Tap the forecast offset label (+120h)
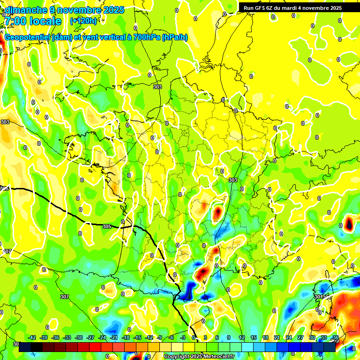[83, 21]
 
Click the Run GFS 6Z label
[259, 8]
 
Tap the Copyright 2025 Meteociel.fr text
[199, 356]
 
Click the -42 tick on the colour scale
[32, 338]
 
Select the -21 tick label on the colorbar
[114, 338]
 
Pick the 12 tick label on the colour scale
[242, 338]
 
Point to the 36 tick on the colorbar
[336, 338]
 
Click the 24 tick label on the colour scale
[289, 338]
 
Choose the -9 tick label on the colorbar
[160, 338]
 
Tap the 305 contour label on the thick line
[107, 226]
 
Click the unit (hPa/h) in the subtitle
[174, 37]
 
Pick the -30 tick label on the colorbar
[79, 338]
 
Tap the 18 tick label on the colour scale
[265, 338]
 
